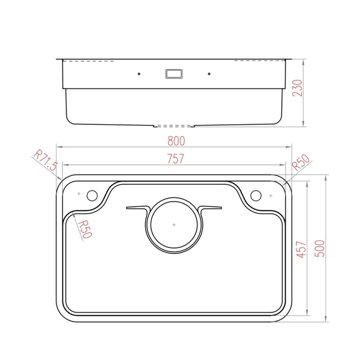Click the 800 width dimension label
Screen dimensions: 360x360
click(x=176, y=141)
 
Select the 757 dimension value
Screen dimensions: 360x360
click(x=175, y=158)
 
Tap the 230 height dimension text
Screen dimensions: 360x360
click(x=298, y=88)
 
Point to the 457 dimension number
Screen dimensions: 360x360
click(x=301, y=250)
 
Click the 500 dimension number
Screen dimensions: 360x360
click(x=319, y=248)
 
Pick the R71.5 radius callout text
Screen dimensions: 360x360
click(x=46, y=160)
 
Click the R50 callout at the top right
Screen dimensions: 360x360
click(x=301, y=163)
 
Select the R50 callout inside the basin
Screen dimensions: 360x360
click(x=85, y=229)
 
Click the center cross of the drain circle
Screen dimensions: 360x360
click(x=174, y=225)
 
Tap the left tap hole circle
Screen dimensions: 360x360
click(x=92, y=196)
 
